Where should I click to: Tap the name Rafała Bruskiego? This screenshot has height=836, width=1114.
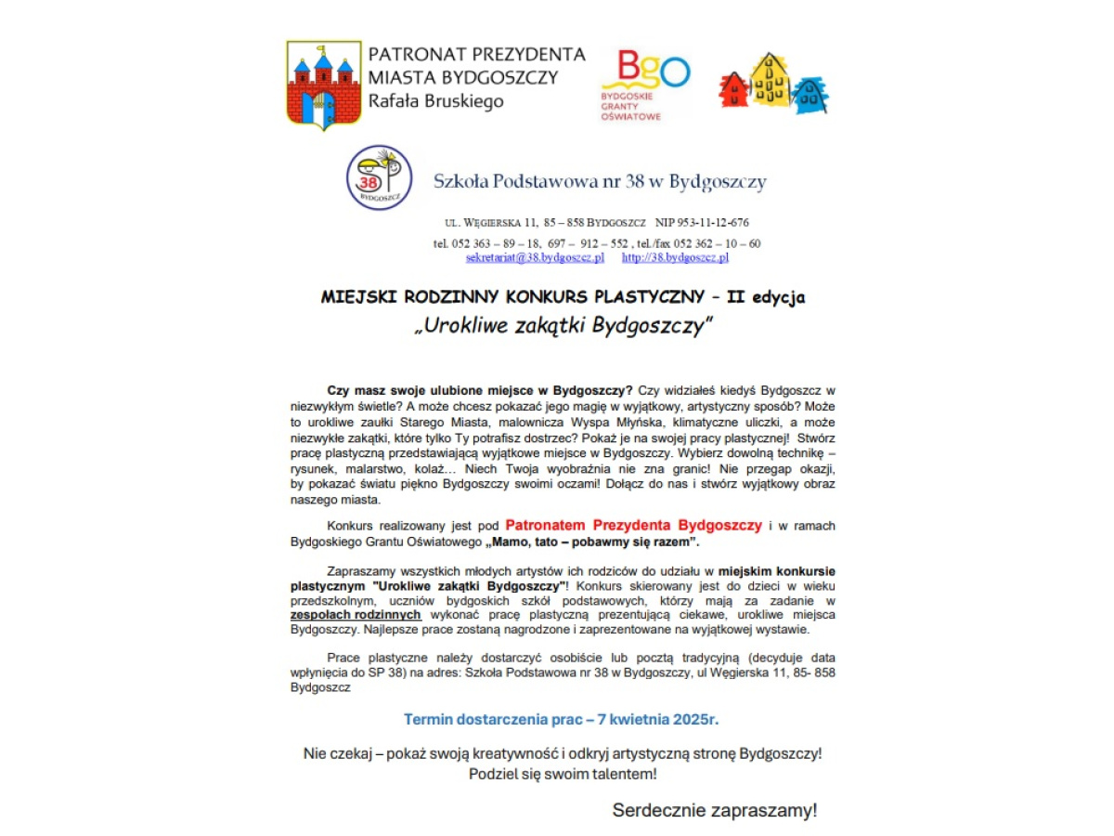tap(435, 101)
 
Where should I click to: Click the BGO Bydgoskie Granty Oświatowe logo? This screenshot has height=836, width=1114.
tap(643, 85)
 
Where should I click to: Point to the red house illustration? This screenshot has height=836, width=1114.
tap(733, 90)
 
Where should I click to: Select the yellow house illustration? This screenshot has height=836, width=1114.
tap(770, 80)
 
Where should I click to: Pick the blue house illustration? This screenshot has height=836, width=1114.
tap(810, 94)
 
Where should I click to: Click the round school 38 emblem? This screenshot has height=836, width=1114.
tap(379, 176)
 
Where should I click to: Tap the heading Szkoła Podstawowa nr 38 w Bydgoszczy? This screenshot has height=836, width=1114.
tap(600, 181)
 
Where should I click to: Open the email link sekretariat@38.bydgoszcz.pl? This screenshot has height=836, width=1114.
tap(535, 257)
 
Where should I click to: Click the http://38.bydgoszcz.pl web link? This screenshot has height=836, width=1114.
tap(675, 257)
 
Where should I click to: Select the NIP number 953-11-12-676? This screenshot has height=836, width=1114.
tap(702, 223)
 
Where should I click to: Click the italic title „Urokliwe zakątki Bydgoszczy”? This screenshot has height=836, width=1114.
tap(563, 326)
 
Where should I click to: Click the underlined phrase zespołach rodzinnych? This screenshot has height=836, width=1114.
tap(356, 615)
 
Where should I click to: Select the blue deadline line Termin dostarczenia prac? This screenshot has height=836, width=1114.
tap(561, 719)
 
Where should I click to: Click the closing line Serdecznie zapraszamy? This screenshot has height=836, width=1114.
tap(714, 810)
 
